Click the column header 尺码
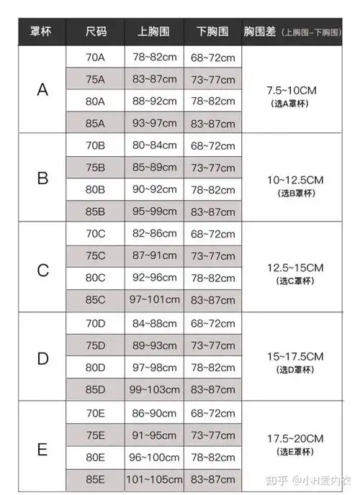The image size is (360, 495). point(95,32)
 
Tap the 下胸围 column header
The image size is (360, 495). point(212,32)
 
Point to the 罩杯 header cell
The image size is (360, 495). point(40,32)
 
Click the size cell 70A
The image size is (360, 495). point(95,56)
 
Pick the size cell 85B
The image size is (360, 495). point(95,212)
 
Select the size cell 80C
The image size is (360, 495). point(95,278)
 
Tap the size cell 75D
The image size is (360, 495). point(95,345)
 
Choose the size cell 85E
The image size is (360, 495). point(95,480)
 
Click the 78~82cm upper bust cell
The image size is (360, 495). point(154,56)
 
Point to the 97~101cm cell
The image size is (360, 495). point(154,300)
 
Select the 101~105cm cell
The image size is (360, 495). point(154,480)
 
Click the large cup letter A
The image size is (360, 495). point(42,90)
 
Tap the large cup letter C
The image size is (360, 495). point(42,270)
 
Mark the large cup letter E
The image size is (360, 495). point(42,450)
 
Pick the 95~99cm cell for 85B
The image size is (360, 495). point(154,212)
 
